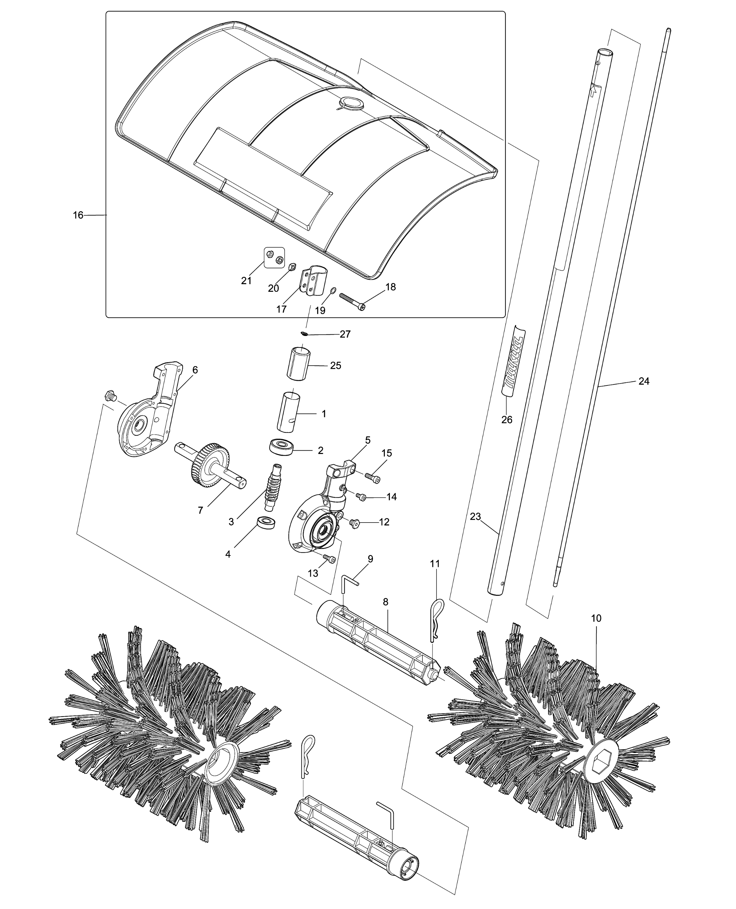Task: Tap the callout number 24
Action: pos(644,381)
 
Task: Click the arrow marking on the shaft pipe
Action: pos(595,89)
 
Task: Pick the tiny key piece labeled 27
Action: pos(304,333)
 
